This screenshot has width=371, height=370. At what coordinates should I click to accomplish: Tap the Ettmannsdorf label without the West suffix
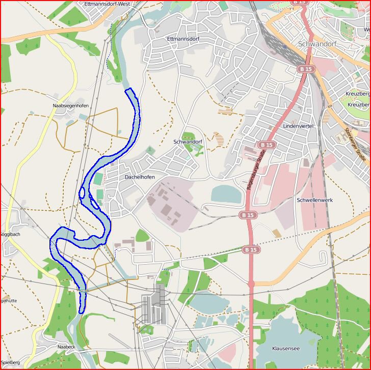point(183,39)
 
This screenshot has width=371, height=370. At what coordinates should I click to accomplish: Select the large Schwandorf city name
point(318,43)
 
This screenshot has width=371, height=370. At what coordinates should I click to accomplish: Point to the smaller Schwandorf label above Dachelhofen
point(188,141)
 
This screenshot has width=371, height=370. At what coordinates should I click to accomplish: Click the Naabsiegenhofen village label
point(70,106)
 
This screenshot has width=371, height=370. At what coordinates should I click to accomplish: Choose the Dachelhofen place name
point(140,177)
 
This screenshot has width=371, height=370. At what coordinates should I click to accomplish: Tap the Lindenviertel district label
point(298,126)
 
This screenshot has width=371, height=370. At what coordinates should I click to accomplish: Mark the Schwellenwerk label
point(314,201)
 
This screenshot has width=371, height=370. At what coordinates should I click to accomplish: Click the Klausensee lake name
point(285,349)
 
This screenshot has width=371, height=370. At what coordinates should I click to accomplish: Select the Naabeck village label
point(66,347)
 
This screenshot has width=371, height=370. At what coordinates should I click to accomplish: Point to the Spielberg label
point(10,362)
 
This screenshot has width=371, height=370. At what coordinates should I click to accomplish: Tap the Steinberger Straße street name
point(355,145)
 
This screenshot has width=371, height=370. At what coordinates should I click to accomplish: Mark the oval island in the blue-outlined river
point(82,193)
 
